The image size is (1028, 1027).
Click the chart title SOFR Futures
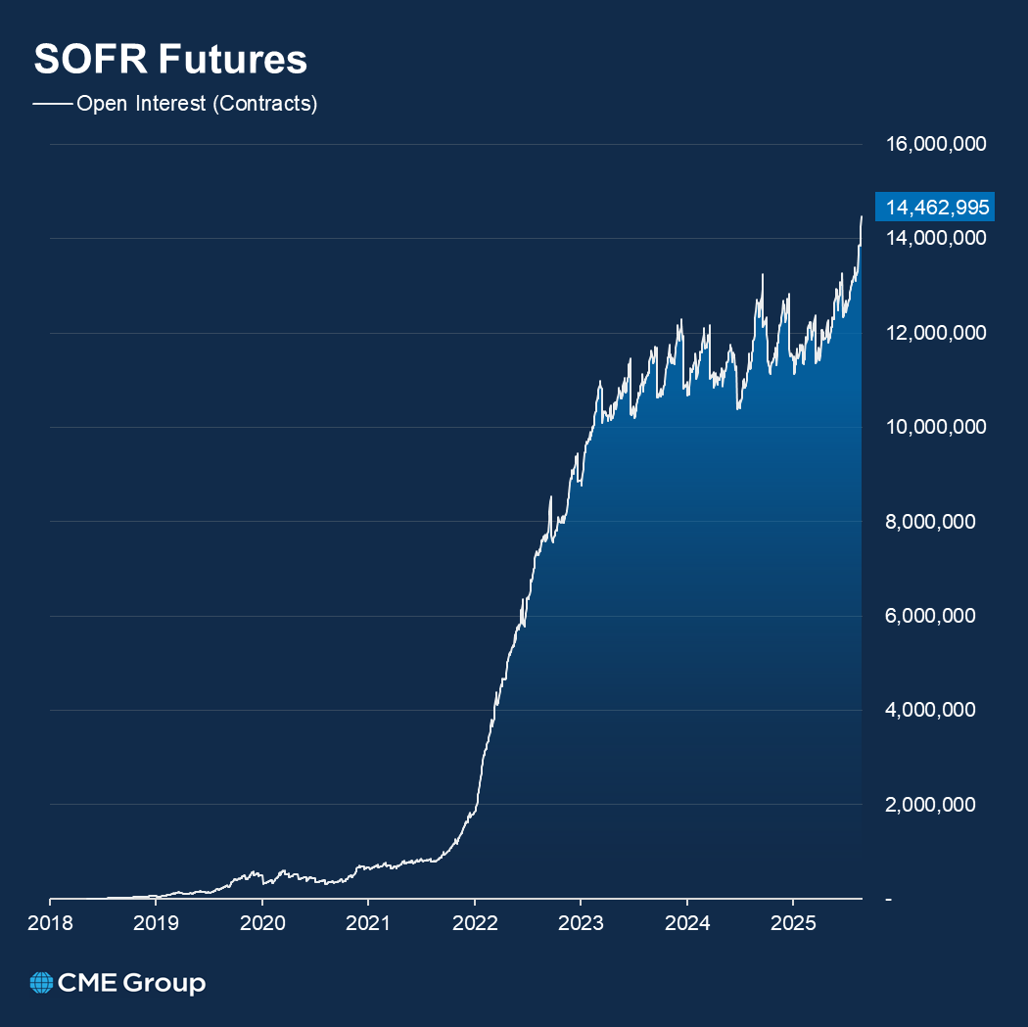tap(170, 60)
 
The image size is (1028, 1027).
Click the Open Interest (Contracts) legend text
tap(197, 104)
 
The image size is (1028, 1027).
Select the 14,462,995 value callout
tap(935, 207)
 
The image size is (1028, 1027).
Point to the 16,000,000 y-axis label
tap(935, 145)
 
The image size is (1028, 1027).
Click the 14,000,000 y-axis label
tap(935, 239)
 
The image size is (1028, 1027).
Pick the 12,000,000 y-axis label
tap(935, 333)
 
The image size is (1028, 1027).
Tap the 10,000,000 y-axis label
tap(935, 428)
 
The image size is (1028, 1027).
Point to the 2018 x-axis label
tap(50, 922)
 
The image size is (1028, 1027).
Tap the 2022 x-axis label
tap(474, 922)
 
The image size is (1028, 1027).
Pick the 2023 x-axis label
tap(581, 922)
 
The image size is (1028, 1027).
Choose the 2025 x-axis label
tap(793, 922)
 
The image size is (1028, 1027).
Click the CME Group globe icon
tap(41, 982)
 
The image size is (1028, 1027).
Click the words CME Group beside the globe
tap(131, 982)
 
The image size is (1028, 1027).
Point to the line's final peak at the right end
tap(862, 216)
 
